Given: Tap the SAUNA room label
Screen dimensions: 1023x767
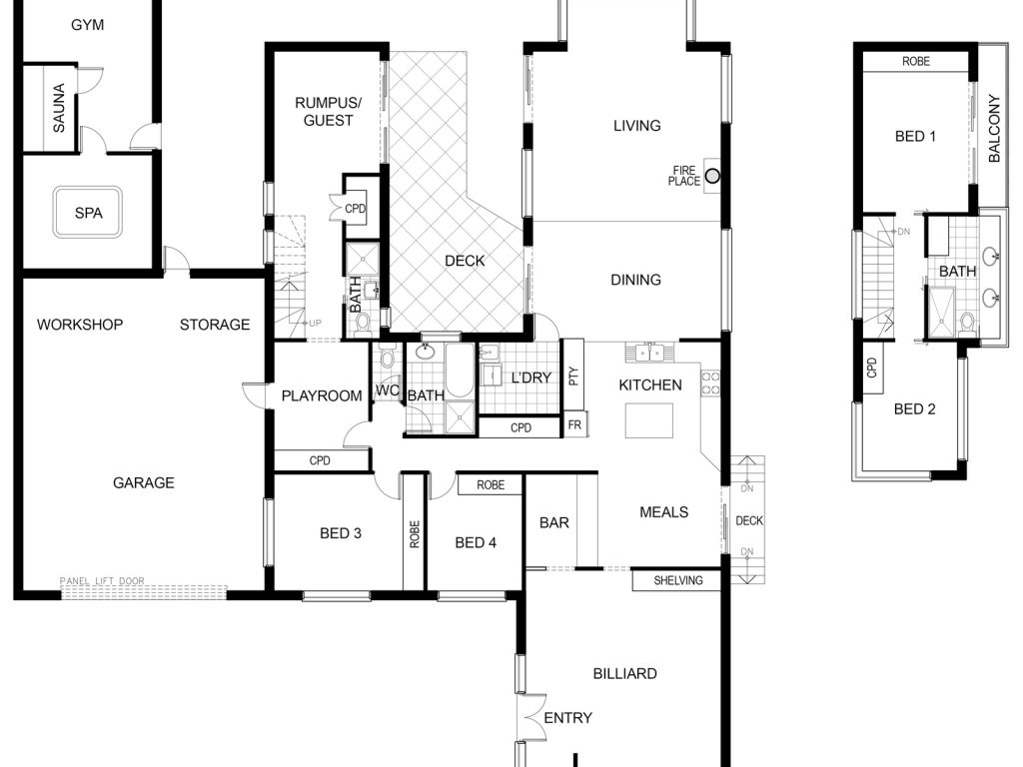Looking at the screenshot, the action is click(x=59, y=108).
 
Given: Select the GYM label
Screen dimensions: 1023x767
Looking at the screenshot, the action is click(x=88, y=25).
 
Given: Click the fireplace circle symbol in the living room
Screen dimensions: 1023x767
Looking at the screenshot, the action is click(x=713, y=176).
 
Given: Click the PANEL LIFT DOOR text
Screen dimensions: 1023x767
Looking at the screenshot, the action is click(x=102, y=580).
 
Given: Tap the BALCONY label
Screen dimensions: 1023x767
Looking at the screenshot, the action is click(x=994, y=128).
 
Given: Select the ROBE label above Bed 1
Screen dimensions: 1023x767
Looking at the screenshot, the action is click(x=916, y=61).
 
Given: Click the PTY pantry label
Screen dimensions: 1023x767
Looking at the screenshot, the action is click(x=572, y=377).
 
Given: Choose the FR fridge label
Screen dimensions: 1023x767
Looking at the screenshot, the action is click(x=574, y=425).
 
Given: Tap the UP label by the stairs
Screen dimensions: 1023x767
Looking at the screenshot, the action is click(x=315, y=323).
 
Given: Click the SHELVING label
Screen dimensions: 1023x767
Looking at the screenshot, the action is click(x=678, y=580).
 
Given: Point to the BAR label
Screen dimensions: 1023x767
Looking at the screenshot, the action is click(x=553, y=522).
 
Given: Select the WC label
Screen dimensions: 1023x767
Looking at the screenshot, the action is click(x=387, y=390).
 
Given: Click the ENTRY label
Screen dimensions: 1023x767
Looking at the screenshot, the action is click(x=567, y=717).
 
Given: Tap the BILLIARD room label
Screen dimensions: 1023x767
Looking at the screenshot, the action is click(x=624, y=673).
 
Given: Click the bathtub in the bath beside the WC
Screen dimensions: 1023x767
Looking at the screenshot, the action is click(x=460, y=371).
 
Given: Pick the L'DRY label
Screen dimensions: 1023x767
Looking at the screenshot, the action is click(x=531, y=378).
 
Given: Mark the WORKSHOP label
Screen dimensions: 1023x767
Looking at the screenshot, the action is click(x=80, y=325).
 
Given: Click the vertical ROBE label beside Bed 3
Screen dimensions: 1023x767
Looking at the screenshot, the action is click(x=415, y=533).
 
